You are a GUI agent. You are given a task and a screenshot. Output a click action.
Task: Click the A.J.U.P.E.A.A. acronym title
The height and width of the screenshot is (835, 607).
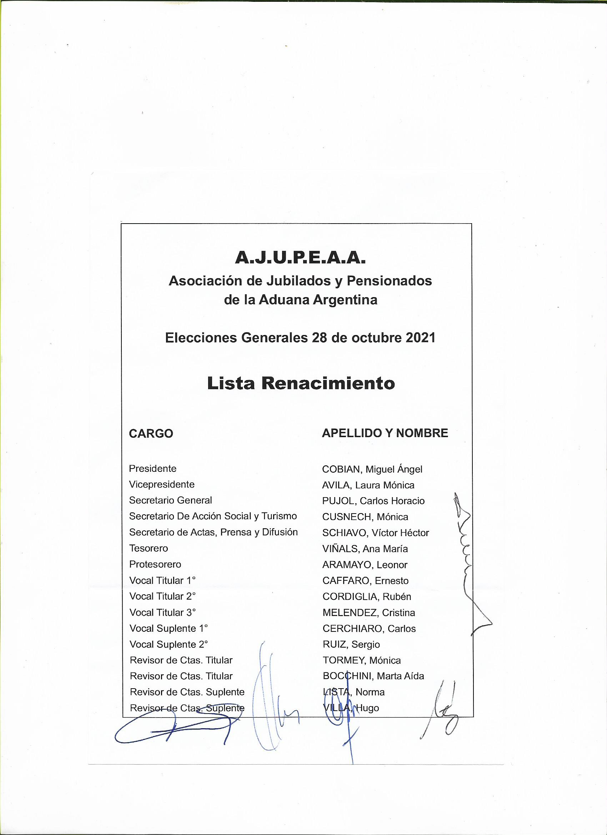point(300,259)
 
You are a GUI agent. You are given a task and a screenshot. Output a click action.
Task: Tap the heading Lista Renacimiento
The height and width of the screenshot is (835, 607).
point(301,384)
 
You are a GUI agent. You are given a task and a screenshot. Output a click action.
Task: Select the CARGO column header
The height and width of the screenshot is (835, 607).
point(151,434)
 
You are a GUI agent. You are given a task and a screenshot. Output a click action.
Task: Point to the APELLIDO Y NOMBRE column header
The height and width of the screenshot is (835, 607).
point(385,433)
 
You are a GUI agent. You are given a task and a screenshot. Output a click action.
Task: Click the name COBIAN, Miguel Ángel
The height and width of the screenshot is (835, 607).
point(372,469)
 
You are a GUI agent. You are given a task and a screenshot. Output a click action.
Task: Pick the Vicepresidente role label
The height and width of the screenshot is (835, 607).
point(162,485)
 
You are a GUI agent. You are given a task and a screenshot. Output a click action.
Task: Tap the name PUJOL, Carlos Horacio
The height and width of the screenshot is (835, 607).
point(373,501)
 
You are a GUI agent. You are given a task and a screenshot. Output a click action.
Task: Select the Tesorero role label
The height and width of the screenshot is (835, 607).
point(148,548)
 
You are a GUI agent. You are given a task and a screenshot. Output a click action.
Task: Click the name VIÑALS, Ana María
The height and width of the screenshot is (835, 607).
point(365,549)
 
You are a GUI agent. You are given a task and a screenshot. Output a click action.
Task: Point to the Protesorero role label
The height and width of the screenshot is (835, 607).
point(155,564)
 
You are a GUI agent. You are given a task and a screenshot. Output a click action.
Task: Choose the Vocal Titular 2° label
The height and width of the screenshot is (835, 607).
point(162,596)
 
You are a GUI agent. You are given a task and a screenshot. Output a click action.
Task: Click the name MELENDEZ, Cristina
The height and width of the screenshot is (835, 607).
point(368,612)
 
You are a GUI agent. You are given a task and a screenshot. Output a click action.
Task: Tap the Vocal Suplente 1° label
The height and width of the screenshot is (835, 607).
point(169,629)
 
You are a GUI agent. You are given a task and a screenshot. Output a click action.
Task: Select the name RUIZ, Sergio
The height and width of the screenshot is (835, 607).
point(351,645)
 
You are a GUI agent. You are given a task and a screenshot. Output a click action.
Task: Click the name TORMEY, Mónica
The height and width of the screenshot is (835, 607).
point(361,660)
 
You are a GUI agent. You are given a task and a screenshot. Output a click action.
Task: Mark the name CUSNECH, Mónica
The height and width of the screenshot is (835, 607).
point(365,517)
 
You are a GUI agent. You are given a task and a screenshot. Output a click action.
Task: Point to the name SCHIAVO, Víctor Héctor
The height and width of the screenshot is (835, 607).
point(376,533)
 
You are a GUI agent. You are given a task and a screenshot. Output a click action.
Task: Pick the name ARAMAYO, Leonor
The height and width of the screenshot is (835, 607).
point(365,565)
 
